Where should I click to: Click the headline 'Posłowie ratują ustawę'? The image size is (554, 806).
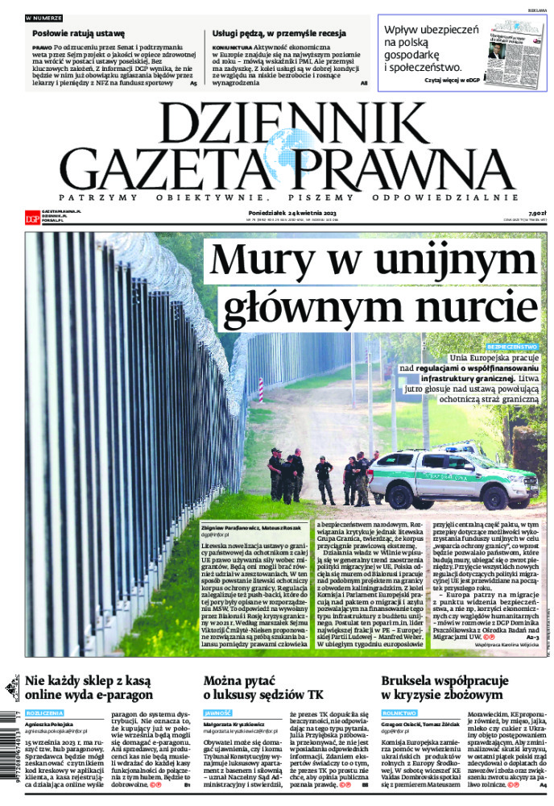(79, 34)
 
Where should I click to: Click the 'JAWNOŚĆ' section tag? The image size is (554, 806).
(218, 713)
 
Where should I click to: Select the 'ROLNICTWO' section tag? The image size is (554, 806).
(400, 713)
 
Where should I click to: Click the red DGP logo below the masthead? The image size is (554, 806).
(31, 215)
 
